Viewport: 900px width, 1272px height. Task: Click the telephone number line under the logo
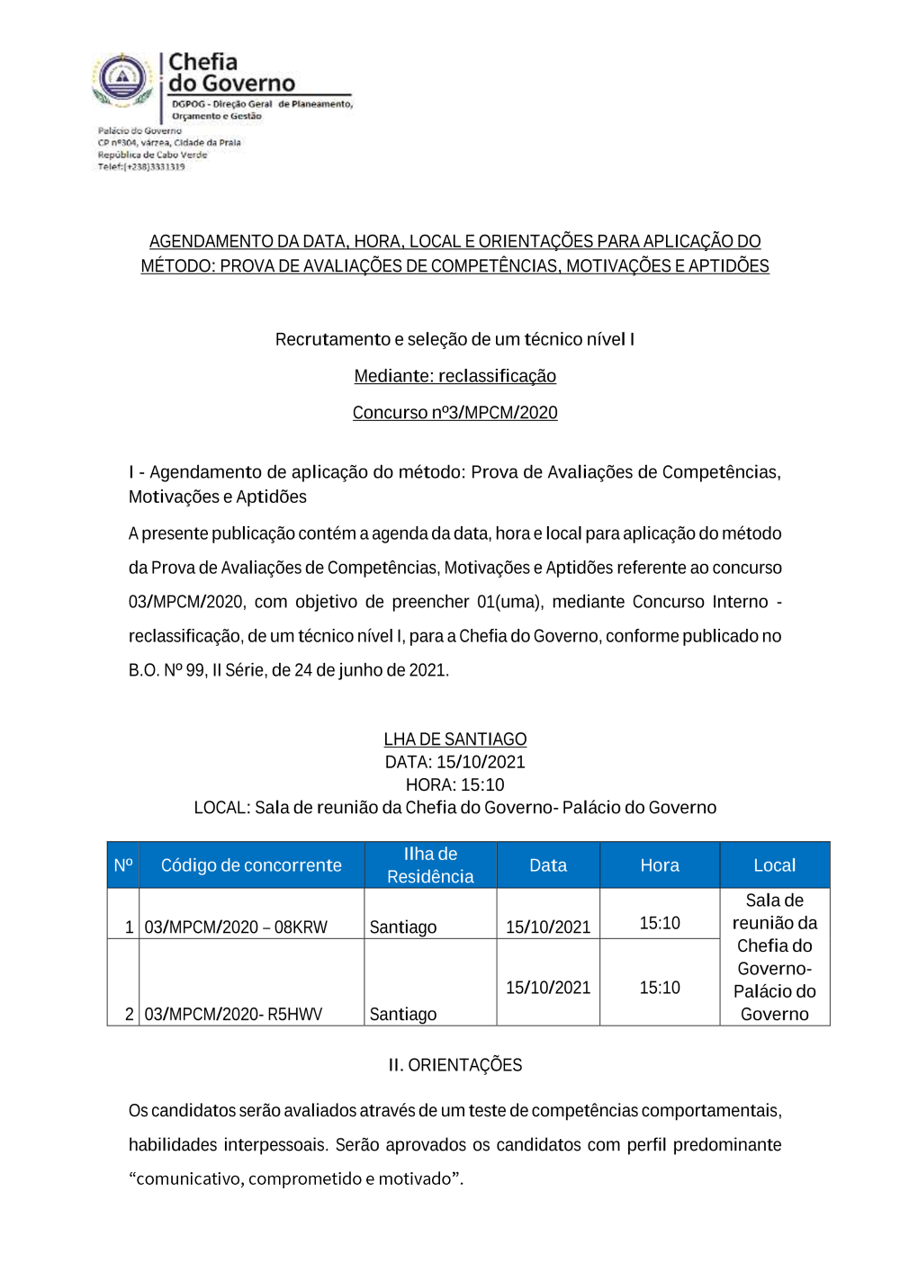pos(141,166)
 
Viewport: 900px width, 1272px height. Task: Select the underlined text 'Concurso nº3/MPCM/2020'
pos(454,413)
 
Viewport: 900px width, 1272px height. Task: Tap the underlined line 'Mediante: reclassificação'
pos(454,376)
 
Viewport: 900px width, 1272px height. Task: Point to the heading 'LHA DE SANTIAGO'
pos(454,739)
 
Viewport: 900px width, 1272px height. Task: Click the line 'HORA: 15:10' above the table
pos(454,784)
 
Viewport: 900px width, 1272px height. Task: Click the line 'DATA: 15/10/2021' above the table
pos(454,762)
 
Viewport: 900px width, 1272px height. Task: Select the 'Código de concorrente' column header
pos(251,865)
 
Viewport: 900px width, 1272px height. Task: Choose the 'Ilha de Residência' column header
pos(430,865)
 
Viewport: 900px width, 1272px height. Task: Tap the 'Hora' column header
pos(660,865)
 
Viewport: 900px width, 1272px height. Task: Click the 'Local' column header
pos(774,865)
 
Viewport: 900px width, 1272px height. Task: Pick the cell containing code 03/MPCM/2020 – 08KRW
pos(236,927)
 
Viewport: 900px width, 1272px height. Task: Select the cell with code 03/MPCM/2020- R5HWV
pos(233,1014)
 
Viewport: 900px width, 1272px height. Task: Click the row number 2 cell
pos(129,1014)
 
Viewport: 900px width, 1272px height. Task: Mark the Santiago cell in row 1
pos(403,927)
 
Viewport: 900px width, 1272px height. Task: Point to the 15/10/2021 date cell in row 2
pos(548,988)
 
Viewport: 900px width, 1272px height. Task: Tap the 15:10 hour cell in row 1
pos(660,923)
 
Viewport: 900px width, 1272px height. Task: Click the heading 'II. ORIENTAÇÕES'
pos(454,1065)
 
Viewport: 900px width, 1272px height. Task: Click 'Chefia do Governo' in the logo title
pos(230,73)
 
